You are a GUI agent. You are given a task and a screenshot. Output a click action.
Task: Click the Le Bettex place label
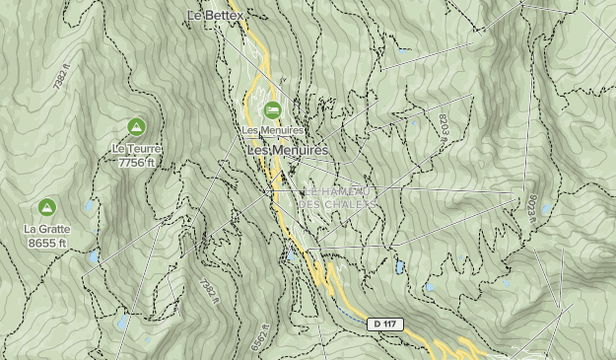point(214,16)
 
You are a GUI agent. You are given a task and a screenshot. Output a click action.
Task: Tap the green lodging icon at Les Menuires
point(272,109)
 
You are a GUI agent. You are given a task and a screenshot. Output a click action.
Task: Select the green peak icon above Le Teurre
point(136,126)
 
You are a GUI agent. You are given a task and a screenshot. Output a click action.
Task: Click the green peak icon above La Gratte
point(45,207)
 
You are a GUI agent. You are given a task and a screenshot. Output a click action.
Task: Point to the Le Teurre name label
point(136,150)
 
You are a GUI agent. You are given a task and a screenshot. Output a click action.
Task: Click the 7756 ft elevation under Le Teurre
point(136,164)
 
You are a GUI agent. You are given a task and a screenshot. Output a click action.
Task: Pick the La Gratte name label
point(45,229)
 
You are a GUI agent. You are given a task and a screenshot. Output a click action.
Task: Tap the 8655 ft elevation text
point(45,243)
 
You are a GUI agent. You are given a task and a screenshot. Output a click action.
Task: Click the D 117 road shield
point(386,324)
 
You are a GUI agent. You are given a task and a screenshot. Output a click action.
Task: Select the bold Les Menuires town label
point(287,150)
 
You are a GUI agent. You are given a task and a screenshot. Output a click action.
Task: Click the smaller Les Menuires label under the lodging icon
point(272,130)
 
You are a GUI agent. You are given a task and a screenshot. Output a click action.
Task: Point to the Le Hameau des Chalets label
point(338,197)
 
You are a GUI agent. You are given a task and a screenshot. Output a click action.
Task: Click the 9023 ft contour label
point(532,208)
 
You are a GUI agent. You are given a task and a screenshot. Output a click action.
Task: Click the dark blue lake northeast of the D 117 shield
point(400,267)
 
